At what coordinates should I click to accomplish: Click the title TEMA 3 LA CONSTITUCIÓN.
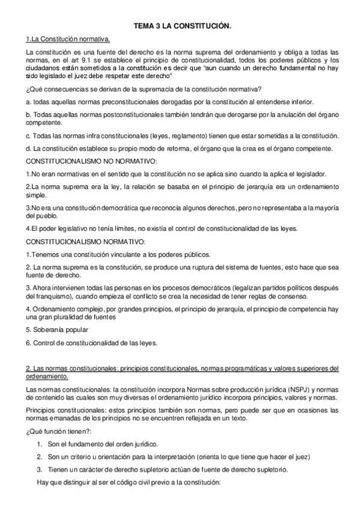coord(182,27)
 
